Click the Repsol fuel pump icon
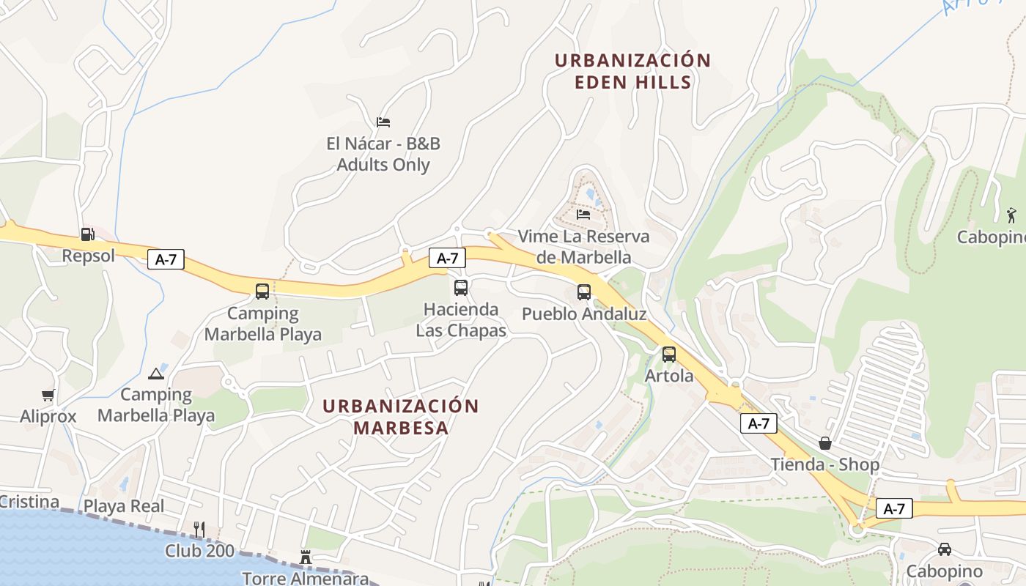87,234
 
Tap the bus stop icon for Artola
669,355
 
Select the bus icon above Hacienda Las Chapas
461,288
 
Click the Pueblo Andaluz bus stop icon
584,292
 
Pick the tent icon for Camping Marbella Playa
155,374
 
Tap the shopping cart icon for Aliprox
48,396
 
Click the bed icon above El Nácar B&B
383,122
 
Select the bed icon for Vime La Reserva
583,214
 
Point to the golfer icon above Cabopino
1011,215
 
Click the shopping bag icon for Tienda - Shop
825,443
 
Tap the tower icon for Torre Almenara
306,557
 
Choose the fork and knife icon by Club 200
199,528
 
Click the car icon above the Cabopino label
945,549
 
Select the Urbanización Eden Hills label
632,71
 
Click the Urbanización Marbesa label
401,416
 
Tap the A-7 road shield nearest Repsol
166,259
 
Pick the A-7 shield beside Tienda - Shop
759,423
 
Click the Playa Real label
124,506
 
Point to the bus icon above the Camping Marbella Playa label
262,291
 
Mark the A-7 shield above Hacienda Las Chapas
447,258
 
